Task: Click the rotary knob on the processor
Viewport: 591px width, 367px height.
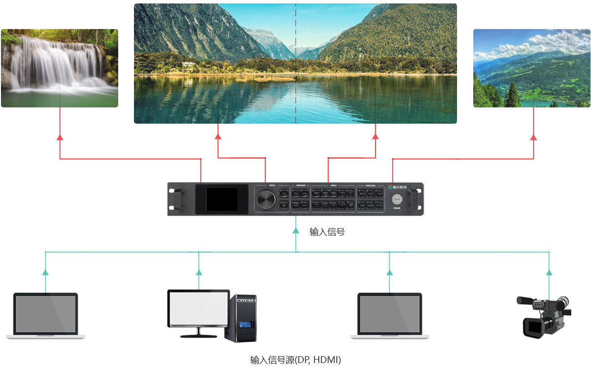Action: click(266, 200)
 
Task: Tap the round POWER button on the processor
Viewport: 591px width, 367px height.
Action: click(396, 200)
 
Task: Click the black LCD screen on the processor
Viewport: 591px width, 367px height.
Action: click(221, 199)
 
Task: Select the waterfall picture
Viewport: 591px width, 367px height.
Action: click(60, 68)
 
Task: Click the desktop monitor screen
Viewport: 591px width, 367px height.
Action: click(198, 307)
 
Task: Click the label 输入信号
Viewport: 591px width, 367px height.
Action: click(327, 232)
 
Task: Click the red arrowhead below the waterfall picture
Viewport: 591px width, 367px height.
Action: click(60, 137)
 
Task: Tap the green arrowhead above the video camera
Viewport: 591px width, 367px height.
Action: click(549, 272)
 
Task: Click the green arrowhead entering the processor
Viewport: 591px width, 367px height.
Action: click(295, 230)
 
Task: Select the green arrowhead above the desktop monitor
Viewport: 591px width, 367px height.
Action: click(198, 272)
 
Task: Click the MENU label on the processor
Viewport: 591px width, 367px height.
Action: click(272, 186)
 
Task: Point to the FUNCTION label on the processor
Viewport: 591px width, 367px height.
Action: click(370, 186)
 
